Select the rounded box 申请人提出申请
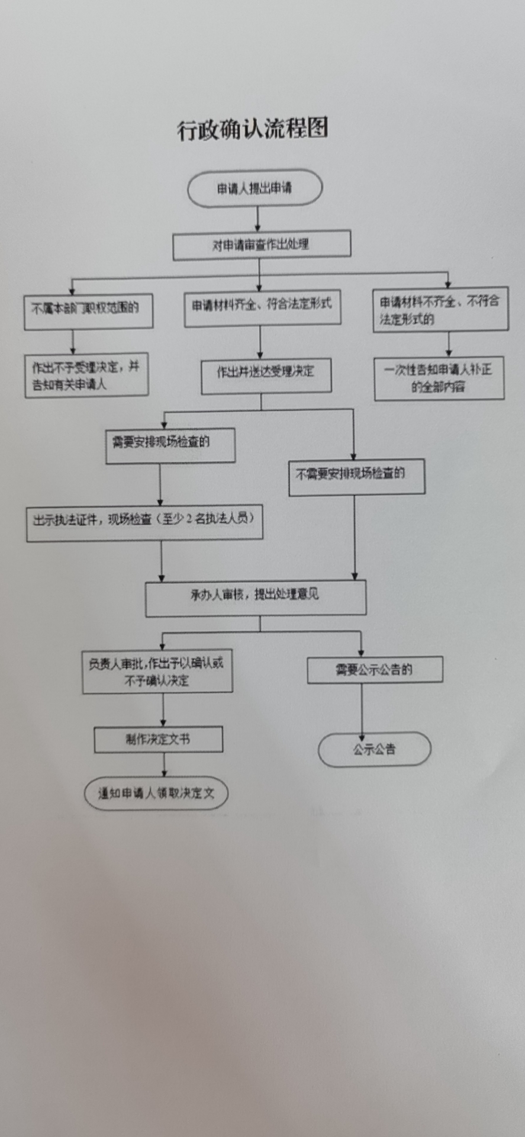(255, 189)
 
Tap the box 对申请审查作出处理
(262, 245)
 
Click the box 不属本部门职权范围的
(88, 311)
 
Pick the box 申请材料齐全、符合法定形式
(262, 308)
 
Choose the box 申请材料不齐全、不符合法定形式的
(440, 310)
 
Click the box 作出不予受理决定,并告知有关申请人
(86, 375)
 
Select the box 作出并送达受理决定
(266, 375)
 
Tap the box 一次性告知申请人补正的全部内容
(439, 379)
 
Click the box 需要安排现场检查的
(170, 445)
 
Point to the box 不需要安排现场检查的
(356, 477)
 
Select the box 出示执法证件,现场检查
(144, 522)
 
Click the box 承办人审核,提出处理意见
(256, 598)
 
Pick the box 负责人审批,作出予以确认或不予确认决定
(157, 672)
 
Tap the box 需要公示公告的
(375, 670)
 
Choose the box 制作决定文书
(159, 740)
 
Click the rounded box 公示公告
(374, 750)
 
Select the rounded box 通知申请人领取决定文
(156, 794)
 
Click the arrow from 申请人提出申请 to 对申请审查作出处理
(258, 220)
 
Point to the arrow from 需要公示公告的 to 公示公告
(362, 708)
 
